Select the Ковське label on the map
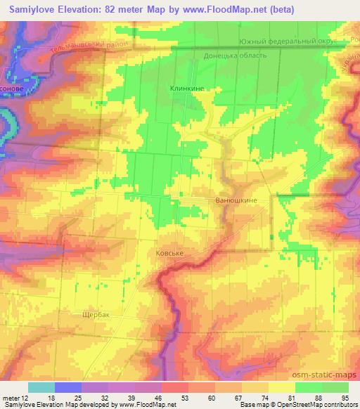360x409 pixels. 169,252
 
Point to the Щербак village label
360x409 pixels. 95,315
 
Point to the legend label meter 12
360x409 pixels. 16,398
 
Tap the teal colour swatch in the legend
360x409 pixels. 41,387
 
